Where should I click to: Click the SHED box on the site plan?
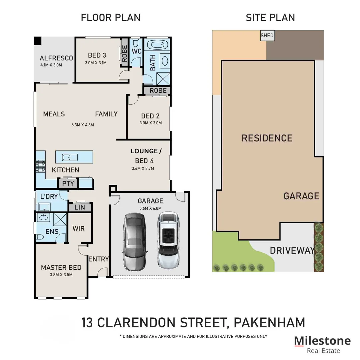[x=267, y=36]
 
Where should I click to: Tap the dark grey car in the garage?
[x=134, y=242]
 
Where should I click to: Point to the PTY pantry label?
[x=68, y=183]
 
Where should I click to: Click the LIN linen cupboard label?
[x=79, y=207]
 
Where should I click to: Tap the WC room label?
[x=136, y=51]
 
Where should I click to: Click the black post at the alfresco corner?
[x=38, y=40]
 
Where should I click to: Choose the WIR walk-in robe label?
[x=78, y=229]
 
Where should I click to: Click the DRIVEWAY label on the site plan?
[x=292, y=250]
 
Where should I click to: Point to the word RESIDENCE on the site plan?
[x=267, y=138]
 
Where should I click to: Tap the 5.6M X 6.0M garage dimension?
[x=150, y=208]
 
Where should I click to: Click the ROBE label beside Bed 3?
[x=124, y=53]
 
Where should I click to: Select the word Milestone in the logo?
[x=322, y=341]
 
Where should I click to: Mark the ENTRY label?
[x=99, y=259]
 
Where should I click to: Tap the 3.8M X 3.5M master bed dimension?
[x=61, y=275]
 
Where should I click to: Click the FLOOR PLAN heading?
[x=110, y=18]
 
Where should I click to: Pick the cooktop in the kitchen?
[x=40, y=166]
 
